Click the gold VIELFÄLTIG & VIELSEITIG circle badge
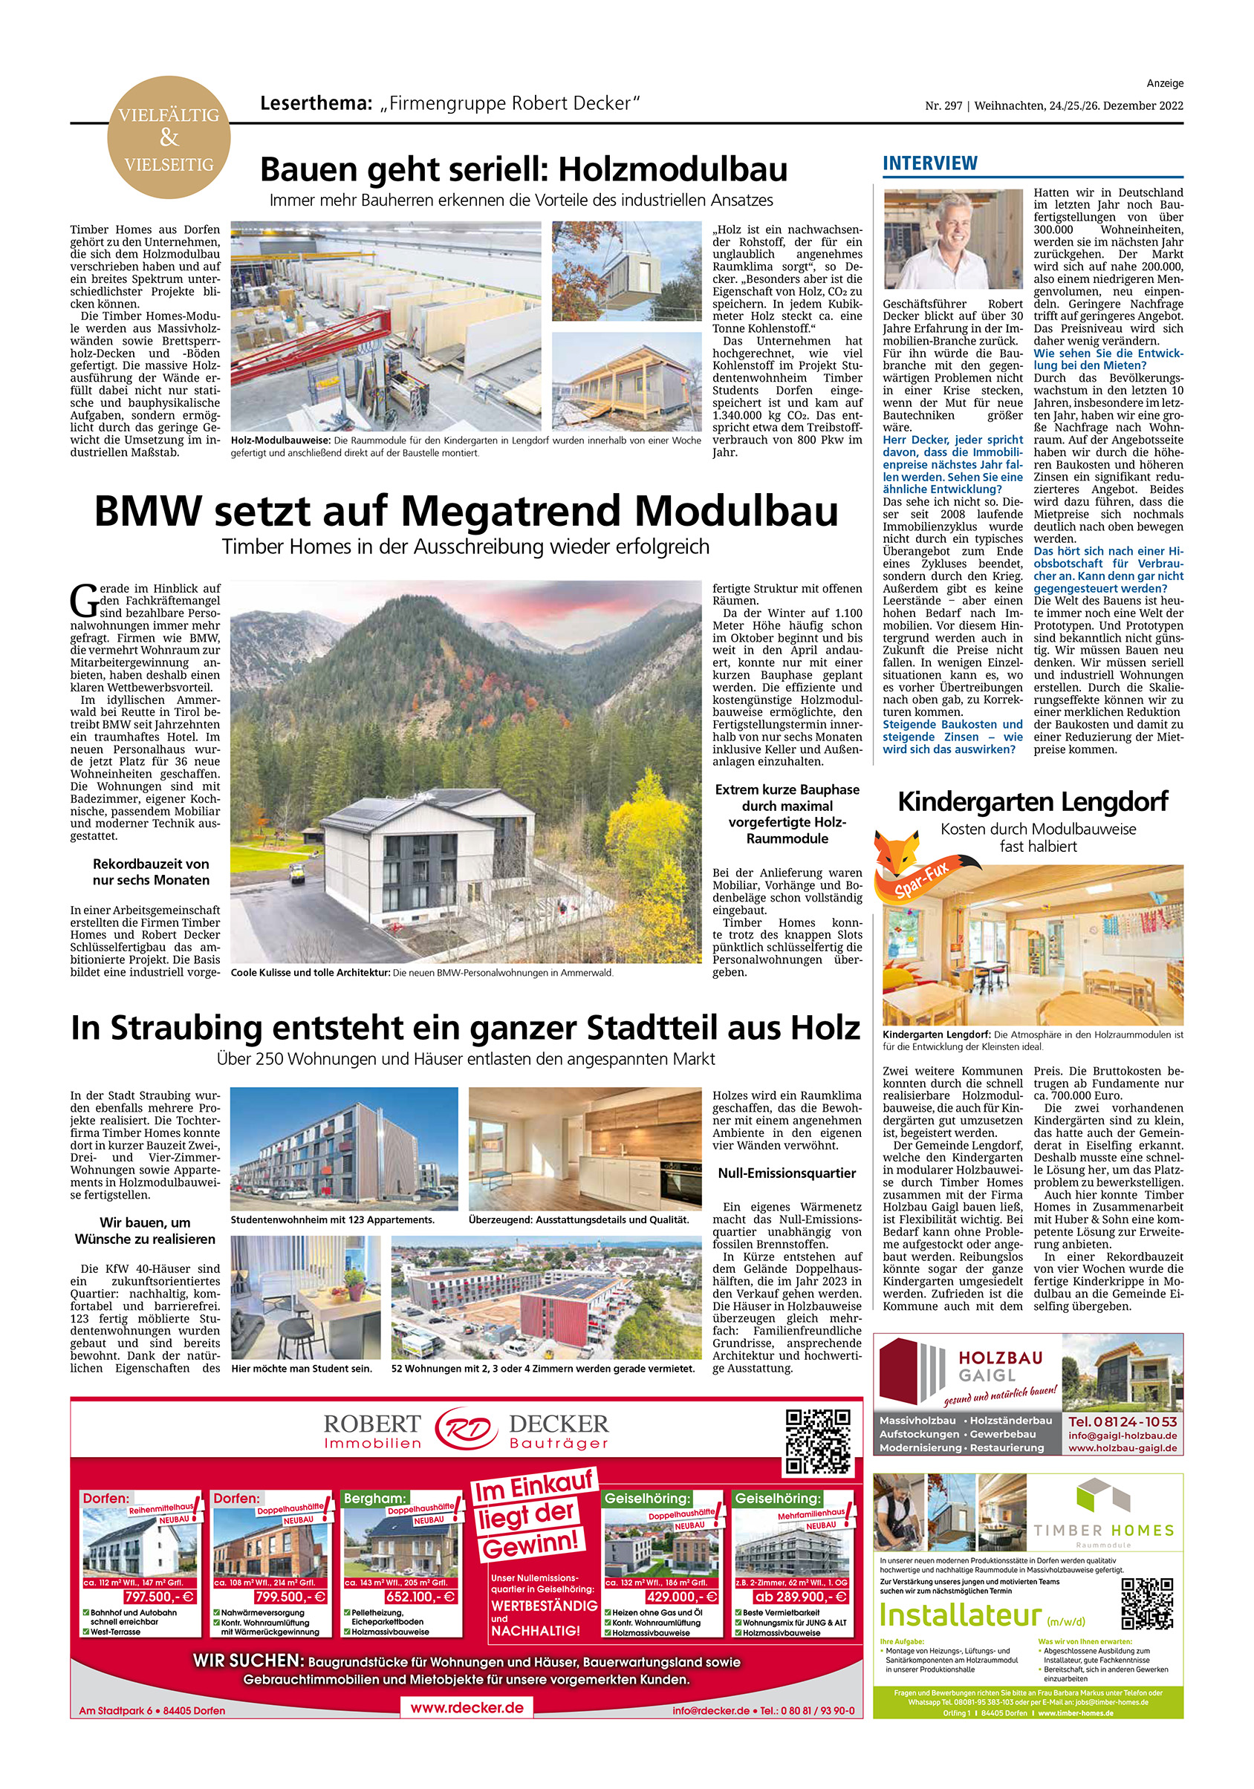click(x=169, y=138)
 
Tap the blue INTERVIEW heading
click(x=929, y=163)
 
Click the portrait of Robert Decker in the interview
click(x=952, y=239)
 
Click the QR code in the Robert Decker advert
click(x=816, y=1442)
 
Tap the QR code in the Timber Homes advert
click(x=1146, y=1604)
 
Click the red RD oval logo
click(x=465, y=1430)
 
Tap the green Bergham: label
click(x=375, y=1498)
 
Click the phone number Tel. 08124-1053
click(x=1123, y=1422)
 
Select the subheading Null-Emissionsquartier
click(x=787, y=1173)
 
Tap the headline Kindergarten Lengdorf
click(x=1033, y=802)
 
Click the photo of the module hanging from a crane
click(x=626, y=271)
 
